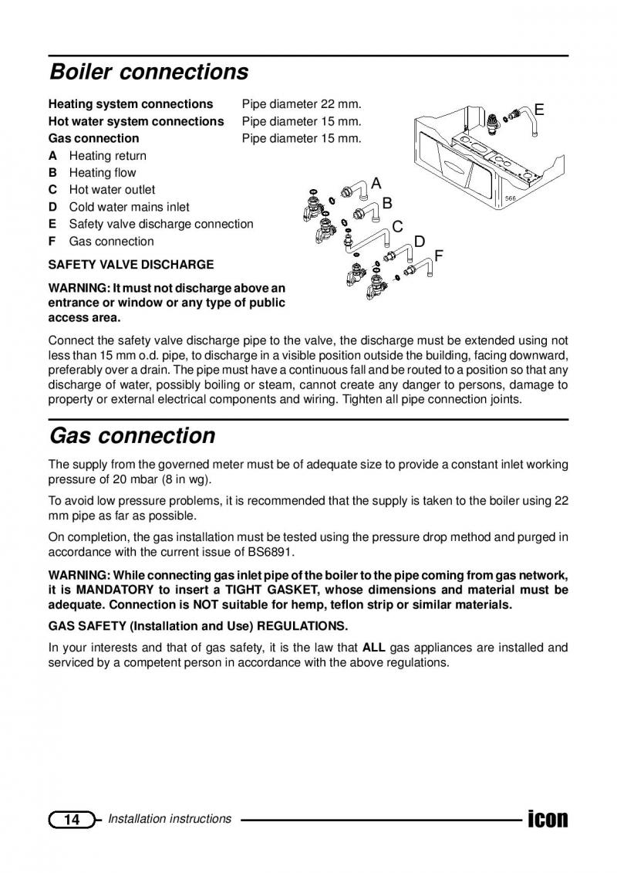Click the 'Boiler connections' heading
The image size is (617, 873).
point(149,73)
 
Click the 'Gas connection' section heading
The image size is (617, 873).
point(132,436)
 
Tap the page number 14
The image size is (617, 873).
point(72,820)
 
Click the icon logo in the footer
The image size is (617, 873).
point(547,818)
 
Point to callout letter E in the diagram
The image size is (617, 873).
point(539,110)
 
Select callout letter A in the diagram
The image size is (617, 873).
point(376,184)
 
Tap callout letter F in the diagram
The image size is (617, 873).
point(439,255)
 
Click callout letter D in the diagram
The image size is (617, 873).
point(420,242)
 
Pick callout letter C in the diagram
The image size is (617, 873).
point(398,227)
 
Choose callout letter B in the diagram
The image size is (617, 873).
point(387,204)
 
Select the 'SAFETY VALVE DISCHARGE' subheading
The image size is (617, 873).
point(131,265)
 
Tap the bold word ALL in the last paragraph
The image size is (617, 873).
point(374,648)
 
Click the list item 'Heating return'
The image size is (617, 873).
point(107,156)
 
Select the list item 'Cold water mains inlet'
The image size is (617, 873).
point(129,207)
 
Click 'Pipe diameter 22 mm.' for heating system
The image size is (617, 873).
point(302,104)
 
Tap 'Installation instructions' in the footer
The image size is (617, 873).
point(170,819)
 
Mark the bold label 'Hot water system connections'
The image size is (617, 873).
point(136,121)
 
